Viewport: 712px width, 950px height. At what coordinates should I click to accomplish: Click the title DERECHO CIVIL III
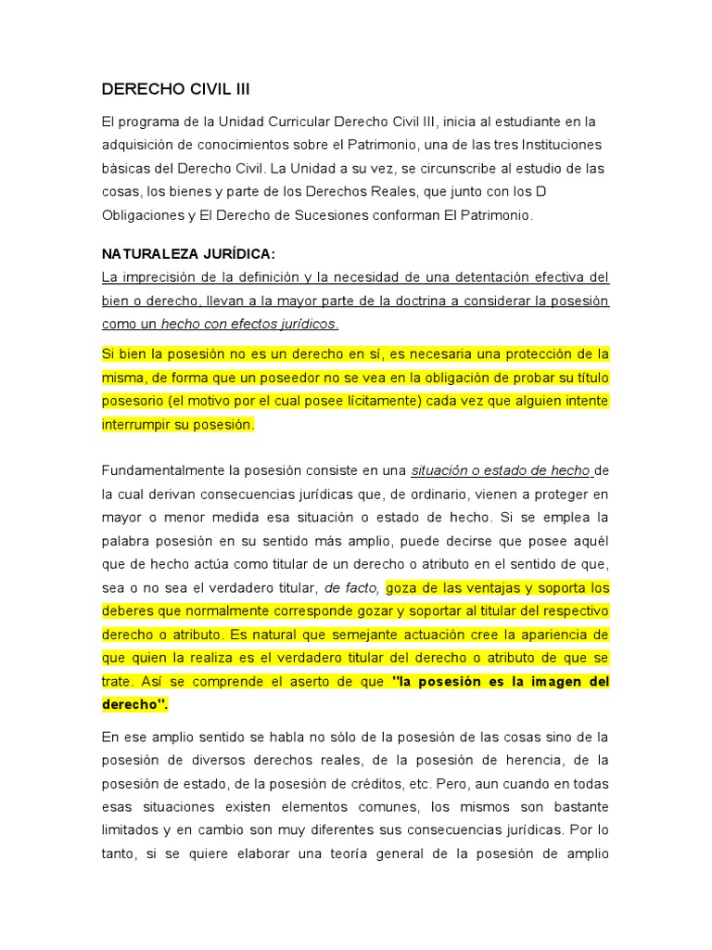pos(175,89)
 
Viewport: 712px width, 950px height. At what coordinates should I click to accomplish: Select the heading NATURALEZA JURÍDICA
pos(188,254)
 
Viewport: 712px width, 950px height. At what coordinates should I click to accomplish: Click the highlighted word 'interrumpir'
pos(137,424)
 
